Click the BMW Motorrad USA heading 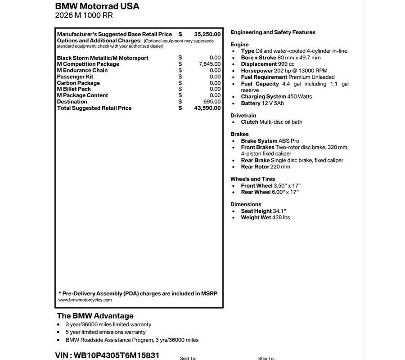[97, 6]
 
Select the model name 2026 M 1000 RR [84, 15]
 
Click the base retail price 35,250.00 [207, 34]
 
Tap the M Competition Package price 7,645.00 [210, 64]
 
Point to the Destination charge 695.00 [211, 102]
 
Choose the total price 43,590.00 [207, 108]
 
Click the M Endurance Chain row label [82, 70]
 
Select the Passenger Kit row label [75, 76]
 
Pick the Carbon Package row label [78, 83]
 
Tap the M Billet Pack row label [74, 89]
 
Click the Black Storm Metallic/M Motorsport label [103, 58]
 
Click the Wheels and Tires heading [252, 179]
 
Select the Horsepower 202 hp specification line [284, 71]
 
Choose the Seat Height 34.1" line [263, 211]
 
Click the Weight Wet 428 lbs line [265, 217]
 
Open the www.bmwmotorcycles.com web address [85, 300]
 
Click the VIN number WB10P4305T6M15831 [107, 355]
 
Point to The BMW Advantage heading [95, 315]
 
